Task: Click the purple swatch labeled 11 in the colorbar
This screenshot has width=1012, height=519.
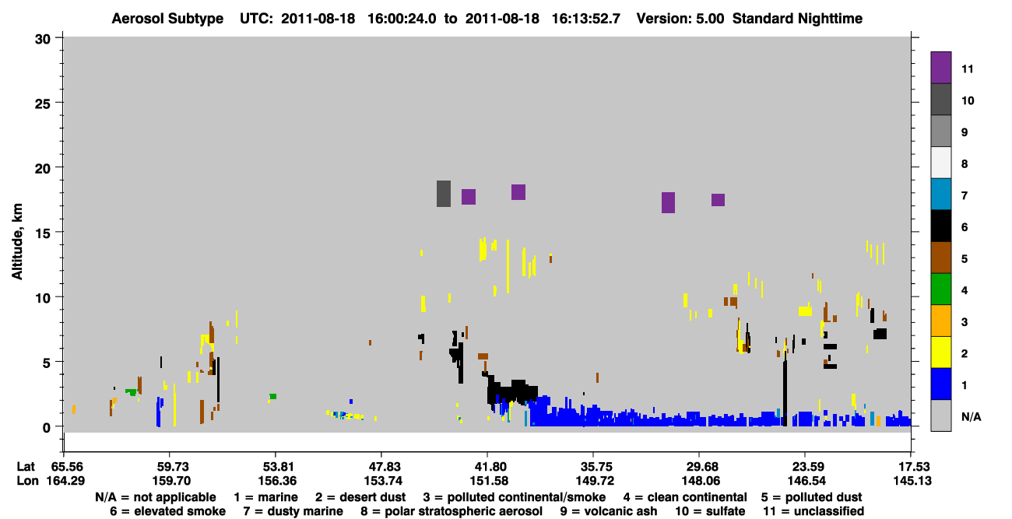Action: (940, 67)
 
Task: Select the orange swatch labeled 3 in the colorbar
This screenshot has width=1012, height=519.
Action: (940, 321)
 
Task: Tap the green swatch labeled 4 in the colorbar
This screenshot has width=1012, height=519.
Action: (940, 289)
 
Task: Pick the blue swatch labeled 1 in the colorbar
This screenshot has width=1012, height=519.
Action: (940, 384)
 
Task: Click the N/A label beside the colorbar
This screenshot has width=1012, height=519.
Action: (971, 416)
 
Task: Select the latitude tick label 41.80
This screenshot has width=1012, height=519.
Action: (488, 467)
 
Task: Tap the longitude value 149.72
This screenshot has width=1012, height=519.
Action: (594, 481)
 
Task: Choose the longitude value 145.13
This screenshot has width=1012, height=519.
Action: (912, 481)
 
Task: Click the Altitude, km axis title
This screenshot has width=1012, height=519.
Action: (16, 241)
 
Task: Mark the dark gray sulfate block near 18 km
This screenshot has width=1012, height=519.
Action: (444, 194)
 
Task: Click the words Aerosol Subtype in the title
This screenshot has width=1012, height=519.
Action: (167, 19)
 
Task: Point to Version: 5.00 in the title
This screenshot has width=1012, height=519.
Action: (680, 19)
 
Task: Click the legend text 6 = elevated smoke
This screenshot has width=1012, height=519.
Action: (167, 511)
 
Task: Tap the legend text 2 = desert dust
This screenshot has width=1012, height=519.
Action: (360, 497)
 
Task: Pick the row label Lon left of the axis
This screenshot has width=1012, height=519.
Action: (27, 481)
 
